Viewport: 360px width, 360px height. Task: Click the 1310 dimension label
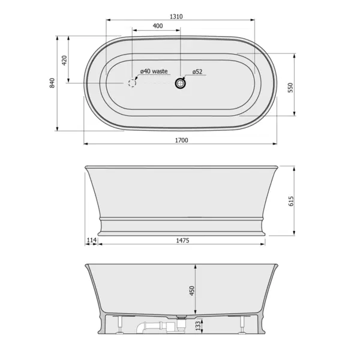(176, 17)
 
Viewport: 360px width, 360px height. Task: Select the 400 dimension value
(158, 26)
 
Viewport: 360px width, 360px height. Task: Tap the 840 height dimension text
(52, 83)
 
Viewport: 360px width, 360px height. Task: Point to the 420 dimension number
(65, 60)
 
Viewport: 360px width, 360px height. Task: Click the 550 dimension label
(290, 88)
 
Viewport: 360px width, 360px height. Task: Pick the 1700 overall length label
(182, 140)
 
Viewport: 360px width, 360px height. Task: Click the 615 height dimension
(291, 201)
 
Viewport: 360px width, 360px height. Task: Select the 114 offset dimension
(92, 240)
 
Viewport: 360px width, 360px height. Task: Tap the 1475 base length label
(182, 241)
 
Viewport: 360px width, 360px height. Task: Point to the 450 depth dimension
(192, 290)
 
